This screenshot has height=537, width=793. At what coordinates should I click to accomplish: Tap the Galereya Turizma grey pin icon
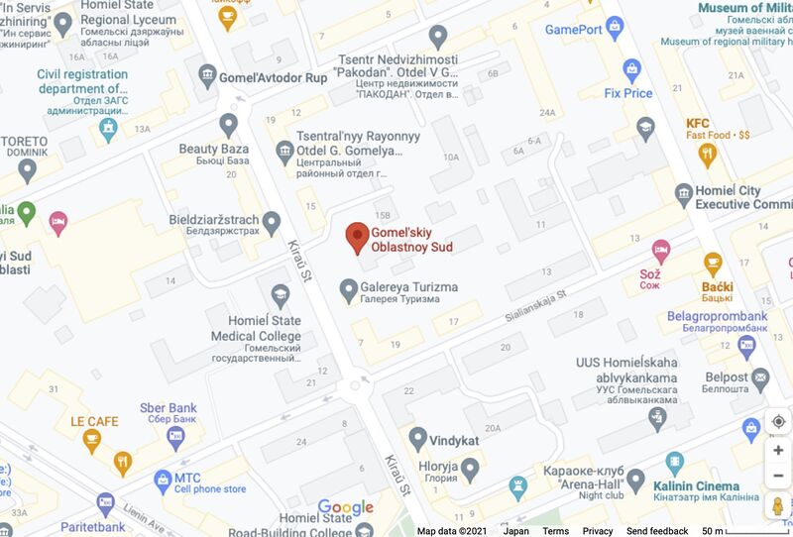coord(348,289)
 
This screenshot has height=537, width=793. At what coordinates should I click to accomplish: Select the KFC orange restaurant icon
coord(707,153)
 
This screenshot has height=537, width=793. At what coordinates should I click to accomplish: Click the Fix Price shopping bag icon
coord(628,68)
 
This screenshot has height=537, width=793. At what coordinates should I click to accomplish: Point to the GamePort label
coord(574,29)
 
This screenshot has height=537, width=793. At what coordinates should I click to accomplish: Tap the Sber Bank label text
coord(169,408)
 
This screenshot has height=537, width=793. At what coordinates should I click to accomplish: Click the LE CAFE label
coord(94,421)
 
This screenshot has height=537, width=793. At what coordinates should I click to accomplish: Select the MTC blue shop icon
coord(164,482)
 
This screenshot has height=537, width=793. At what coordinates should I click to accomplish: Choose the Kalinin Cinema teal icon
coord(675,463)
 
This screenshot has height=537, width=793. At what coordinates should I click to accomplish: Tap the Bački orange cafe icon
coord(713,263)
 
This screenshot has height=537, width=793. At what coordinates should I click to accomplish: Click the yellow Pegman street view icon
coord(778,506)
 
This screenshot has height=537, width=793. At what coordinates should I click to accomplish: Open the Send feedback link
coord(657,531)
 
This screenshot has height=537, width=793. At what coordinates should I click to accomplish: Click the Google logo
coord(346,508)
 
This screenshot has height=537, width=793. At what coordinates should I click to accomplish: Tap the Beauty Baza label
coord(213,149)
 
